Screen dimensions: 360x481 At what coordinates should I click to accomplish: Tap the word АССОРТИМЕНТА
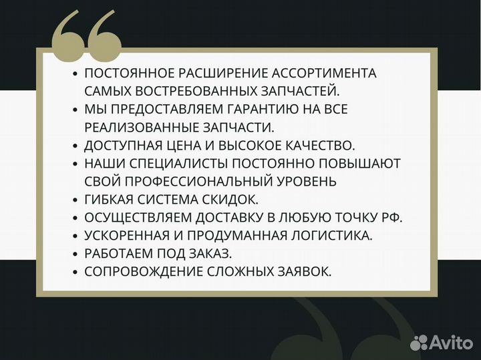coord(323,73)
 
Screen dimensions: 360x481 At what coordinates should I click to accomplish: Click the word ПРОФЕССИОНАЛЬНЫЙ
coord(214,181)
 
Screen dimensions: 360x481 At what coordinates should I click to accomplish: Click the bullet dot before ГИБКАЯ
coord(75,200)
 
